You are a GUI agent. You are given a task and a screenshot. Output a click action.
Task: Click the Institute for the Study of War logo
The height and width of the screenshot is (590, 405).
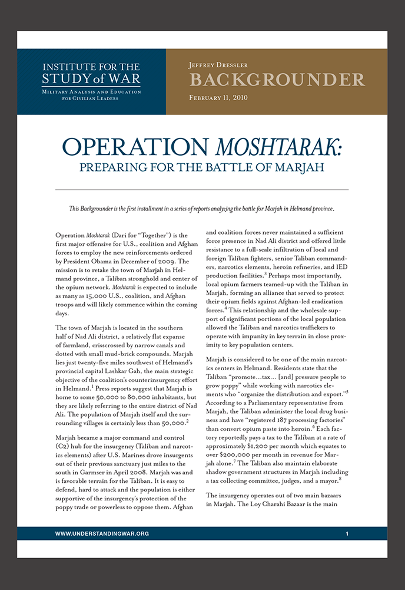[x=91, y=74]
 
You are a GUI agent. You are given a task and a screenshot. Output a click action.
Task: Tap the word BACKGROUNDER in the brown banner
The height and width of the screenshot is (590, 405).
[x=277, y=80]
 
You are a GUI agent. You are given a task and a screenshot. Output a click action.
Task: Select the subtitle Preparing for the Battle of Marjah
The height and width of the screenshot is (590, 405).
[x=202, y=167]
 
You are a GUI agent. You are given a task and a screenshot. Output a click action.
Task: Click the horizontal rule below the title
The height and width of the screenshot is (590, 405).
[x=202, y=189]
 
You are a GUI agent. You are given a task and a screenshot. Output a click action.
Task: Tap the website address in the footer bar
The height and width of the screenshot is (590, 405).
[x=102, y=533]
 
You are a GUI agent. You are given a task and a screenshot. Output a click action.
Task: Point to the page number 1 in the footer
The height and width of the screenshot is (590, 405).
[x=347, y=533]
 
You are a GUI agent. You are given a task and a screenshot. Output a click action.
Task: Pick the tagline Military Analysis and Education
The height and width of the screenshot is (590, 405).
[x=91, y=92]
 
